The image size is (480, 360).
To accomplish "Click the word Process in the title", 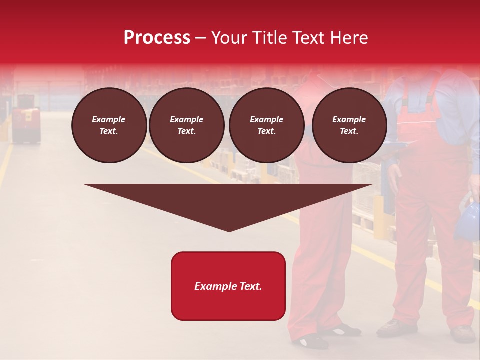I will click(x=157, y=38).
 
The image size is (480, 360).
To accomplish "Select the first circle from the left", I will click(x=109, y=125).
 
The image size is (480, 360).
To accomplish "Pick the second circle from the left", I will click(x=187, y=125).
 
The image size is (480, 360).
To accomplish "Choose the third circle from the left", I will click(x=267, y=125).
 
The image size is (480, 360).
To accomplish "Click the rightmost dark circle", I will click(x=349, y=125).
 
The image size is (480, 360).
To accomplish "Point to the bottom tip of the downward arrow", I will click(x=229, y=231).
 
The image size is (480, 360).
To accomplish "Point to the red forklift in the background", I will click(x=26, y=125).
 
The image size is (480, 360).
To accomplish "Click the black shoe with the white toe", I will click(x=310, y=341).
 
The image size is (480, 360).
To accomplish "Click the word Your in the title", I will click(x=230, y=38).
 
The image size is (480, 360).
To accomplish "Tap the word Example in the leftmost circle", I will click(x=109, y=119).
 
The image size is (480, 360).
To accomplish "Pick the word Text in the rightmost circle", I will click(x=349, y=131).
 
